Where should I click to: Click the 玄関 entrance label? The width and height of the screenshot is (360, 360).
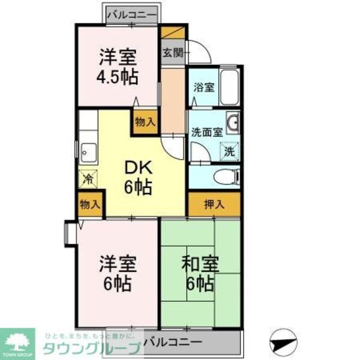pos(172,52)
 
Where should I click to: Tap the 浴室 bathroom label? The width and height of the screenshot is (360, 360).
pos(202,86)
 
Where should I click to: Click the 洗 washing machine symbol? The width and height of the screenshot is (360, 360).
pos(230,151)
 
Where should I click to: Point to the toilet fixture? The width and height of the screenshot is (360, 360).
pos(227,176)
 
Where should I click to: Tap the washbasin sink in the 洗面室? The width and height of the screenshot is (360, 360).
pos(233,122)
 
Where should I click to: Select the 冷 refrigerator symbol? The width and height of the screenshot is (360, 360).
pos(88,178)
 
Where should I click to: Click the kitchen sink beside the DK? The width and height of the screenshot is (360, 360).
pos(87,153)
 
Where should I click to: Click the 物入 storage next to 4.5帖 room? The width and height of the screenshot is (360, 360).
pos(145,122)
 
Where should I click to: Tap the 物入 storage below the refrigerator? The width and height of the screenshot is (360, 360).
pos(89,205)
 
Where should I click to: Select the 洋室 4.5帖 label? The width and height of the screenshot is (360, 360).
pos(118,67)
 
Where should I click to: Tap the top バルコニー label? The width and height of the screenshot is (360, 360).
pos(132,13)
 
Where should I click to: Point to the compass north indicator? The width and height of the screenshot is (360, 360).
pos(284,342)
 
